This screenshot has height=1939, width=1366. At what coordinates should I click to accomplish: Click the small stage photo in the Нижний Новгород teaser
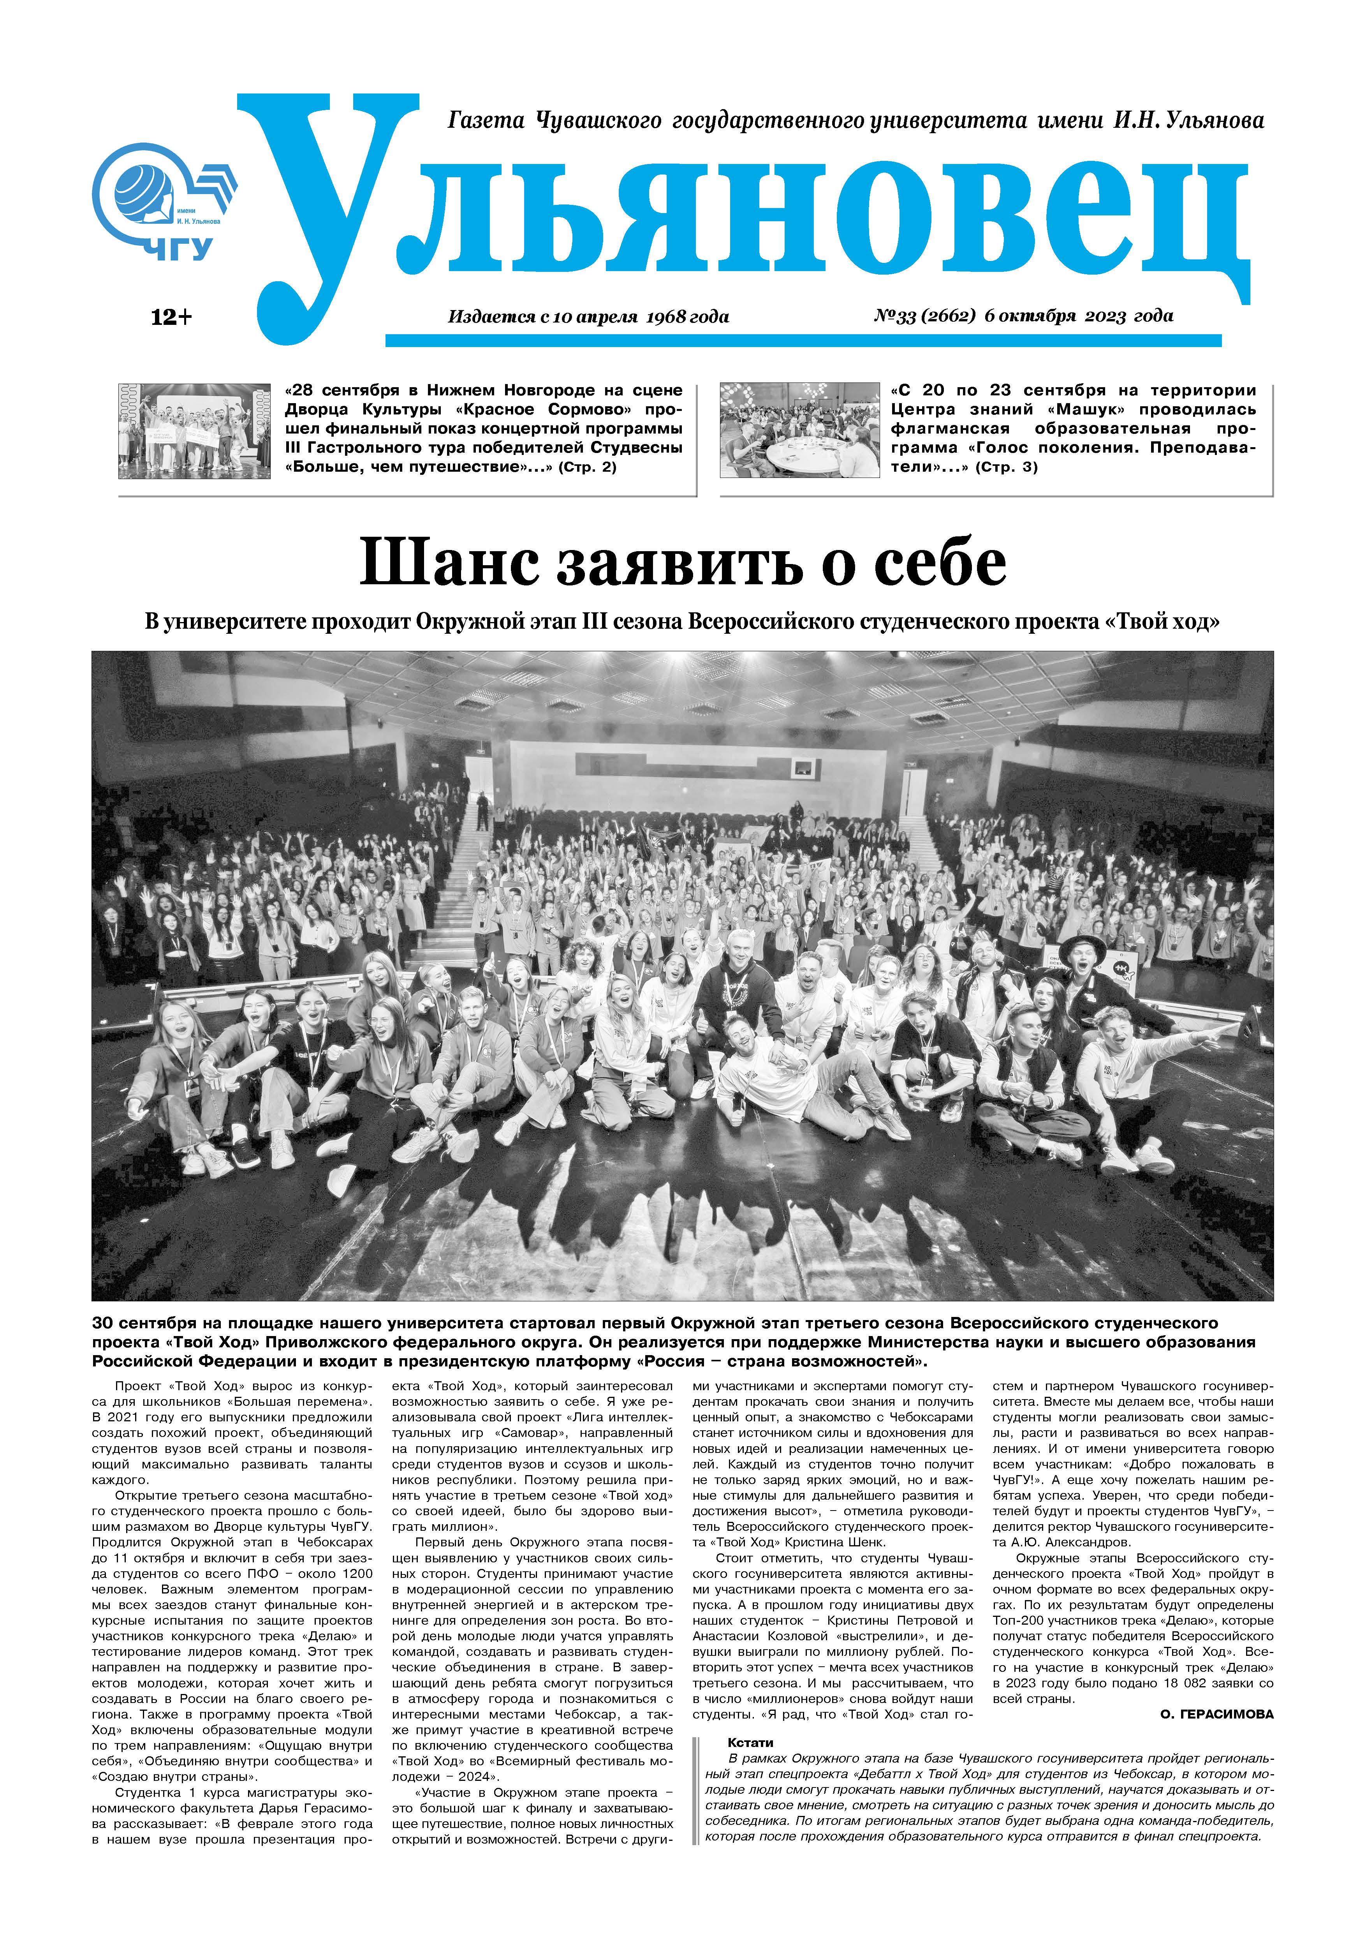coord(194,431)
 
